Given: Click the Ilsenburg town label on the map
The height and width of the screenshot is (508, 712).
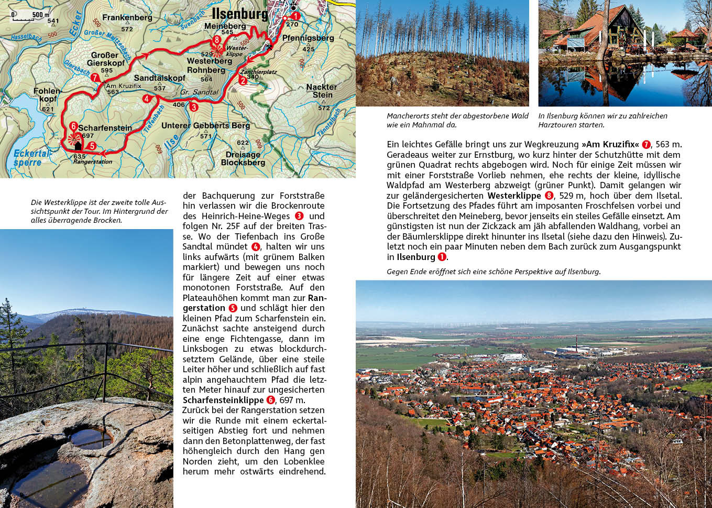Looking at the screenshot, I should coord(239,14).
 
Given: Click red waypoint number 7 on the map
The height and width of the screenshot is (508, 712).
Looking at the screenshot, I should coord(95,78).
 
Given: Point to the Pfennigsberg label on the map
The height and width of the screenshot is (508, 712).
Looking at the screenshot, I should coord(308,38).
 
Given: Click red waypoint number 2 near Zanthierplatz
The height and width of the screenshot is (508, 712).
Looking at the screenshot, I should coord(243,80).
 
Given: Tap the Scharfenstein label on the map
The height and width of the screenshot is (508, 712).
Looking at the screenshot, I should coord(105,128).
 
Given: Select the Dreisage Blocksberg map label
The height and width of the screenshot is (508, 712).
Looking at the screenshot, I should coord(243,158).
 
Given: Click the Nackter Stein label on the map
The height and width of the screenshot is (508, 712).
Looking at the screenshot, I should coord(322,91).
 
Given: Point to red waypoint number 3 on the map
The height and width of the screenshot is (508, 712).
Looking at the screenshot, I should coord(194,107).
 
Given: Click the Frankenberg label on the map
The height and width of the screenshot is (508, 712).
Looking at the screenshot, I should coord(127,18).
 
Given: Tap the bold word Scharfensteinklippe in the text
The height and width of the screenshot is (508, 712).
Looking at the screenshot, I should coord(223,400).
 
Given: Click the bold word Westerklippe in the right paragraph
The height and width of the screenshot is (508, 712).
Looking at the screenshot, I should coord(514,196).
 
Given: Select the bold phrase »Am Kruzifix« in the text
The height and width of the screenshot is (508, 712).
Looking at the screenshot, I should coord(610,144).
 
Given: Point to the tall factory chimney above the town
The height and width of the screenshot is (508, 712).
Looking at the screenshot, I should coord(577,345).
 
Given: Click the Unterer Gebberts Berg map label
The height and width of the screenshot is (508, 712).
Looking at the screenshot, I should coord(205,126).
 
